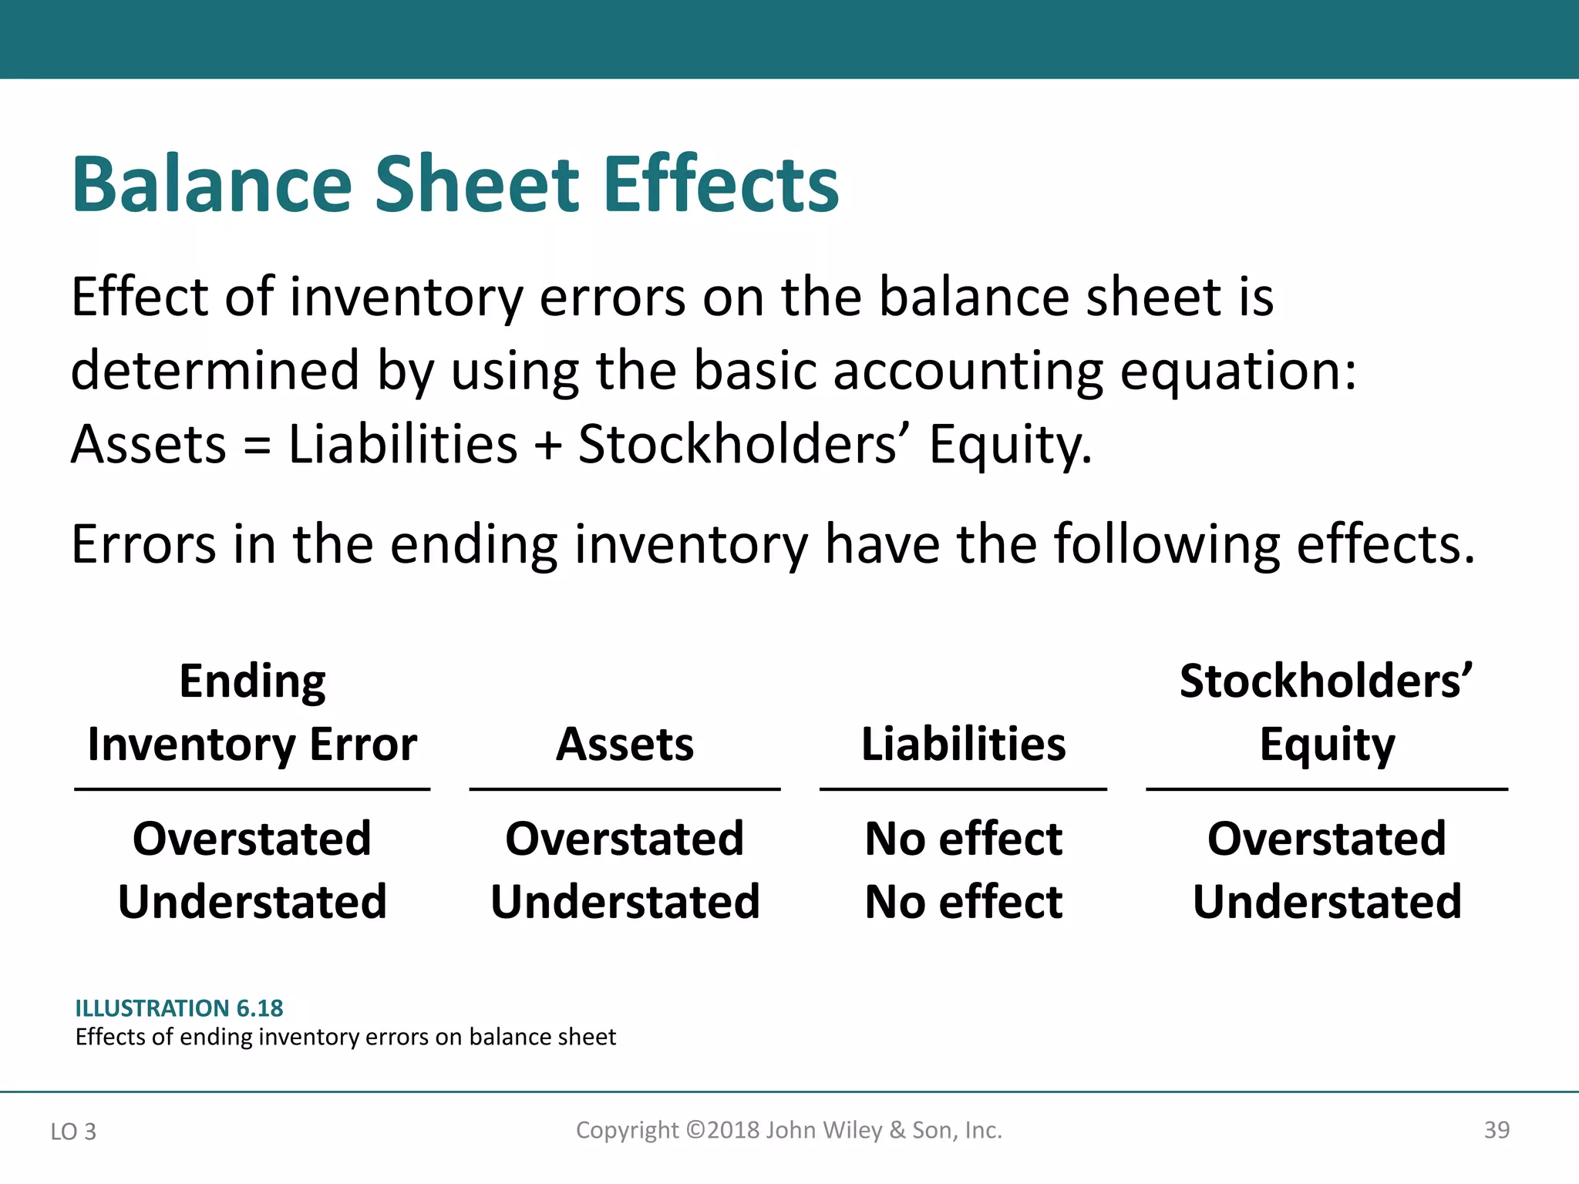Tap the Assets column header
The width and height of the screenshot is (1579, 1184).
[x=625, y=745]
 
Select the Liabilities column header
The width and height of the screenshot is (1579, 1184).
[x=963, y=745]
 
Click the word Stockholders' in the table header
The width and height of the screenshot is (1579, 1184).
[x=1326, y=681]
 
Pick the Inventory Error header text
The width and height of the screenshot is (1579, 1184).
[x=252, y=745]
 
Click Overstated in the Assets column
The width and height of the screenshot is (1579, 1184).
[x=625, y=839]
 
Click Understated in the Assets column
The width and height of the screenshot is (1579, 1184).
[x=625, y=902]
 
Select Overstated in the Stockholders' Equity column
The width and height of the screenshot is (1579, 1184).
[x=1326, y=839]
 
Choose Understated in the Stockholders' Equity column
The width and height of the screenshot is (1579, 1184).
[x=1326, y=902]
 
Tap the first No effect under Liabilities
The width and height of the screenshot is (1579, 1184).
[x=963, y=839]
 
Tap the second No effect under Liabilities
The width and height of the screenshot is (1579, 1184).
[x=963, y=902]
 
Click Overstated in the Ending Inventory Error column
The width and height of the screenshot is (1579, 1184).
[x=252, y=839]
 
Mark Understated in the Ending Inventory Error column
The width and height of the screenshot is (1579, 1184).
[x=252, y=902]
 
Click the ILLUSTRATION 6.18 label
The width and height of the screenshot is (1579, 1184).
[x=179, y=1008]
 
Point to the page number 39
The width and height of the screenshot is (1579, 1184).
[x=1497, y=1130]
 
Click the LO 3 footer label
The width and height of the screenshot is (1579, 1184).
[x=73, y=1132]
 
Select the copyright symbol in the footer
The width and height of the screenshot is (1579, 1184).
[x=695, y=1130]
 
